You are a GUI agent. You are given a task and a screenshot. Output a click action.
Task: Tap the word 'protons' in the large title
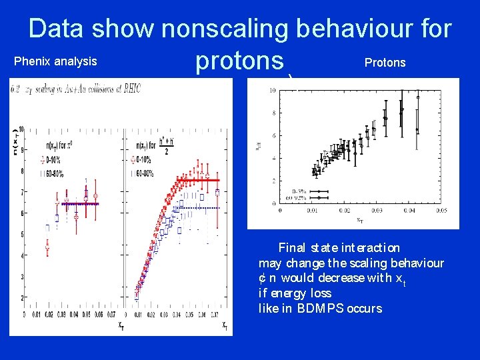(x=239, y=61)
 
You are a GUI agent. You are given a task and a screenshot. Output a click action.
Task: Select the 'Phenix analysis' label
(x=55, y=62)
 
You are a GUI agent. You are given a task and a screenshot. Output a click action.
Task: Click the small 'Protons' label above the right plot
(x=385, y=63)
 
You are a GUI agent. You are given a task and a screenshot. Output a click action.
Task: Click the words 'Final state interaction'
(x=339, y=248)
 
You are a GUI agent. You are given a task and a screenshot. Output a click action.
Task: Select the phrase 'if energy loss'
(x=295, y=293)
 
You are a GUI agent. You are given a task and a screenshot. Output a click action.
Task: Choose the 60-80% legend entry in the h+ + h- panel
(x=147, y=175)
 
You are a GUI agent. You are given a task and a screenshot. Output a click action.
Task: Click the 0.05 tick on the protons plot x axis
(x=441, y=211)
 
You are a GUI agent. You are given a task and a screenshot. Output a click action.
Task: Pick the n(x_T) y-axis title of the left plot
(x=13, y=145)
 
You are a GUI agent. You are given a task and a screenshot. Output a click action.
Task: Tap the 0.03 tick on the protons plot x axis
(x=377, y=211)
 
